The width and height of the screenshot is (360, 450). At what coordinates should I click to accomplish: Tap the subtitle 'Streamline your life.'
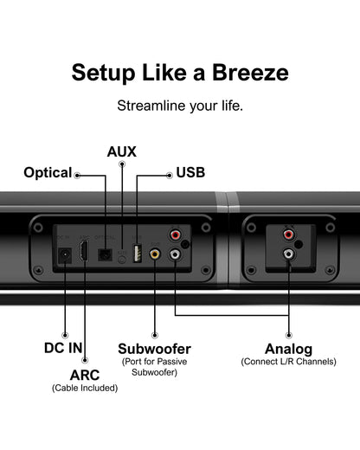tap(179, 106)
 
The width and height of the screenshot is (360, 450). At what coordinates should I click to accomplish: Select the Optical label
tap(48, 173)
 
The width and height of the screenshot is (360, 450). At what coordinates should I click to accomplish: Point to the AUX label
tap(122, 151)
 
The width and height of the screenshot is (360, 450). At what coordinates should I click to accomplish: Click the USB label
tap(190, 173)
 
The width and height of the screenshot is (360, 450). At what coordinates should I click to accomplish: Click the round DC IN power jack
tap(63, 255)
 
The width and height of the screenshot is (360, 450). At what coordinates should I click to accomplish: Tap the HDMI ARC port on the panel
tap(84, 254)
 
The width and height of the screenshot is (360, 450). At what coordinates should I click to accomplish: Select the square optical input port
tap(106, 254)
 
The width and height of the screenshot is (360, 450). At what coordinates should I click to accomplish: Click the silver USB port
tap(136, 254)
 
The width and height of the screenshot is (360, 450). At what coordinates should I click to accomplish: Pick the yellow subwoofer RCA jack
tap(154, 255)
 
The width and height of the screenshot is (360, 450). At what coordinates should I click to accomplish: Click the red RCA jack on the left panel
tap(176, 235)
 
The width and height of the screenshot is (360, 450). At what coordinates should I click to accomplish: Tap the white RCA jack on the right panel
tap(288, 255)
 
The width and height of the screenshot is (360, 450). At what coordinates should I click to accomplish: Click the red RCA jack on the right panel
tap(288, 235)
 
